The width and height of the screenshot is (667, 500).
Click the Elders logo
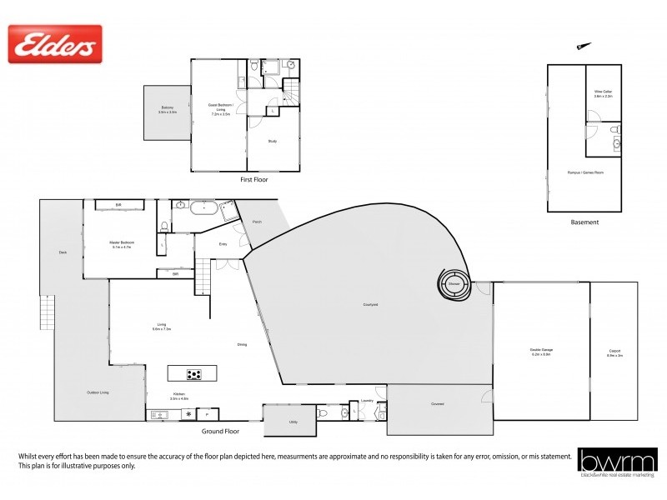click(55, 44)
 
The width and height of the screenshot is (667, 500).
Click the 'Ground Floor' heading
click(221, 432)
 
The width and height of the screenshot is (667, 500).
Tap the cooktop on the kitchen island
click(193, 374)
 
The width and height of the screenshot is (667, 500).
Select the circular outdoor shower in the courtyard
click(454, 284)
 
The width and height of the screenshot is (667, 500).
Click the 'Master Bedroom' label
click(122, 245)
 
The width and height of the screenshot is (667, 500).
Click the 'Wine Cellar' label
click(603, 93)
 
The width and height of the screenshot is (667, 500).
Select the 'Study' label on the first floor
click(272, 142)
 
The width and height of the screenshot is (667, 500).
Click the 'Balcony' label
click(168, 109)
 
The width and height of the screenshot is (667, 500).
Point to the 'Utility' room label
click(293, 422)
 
